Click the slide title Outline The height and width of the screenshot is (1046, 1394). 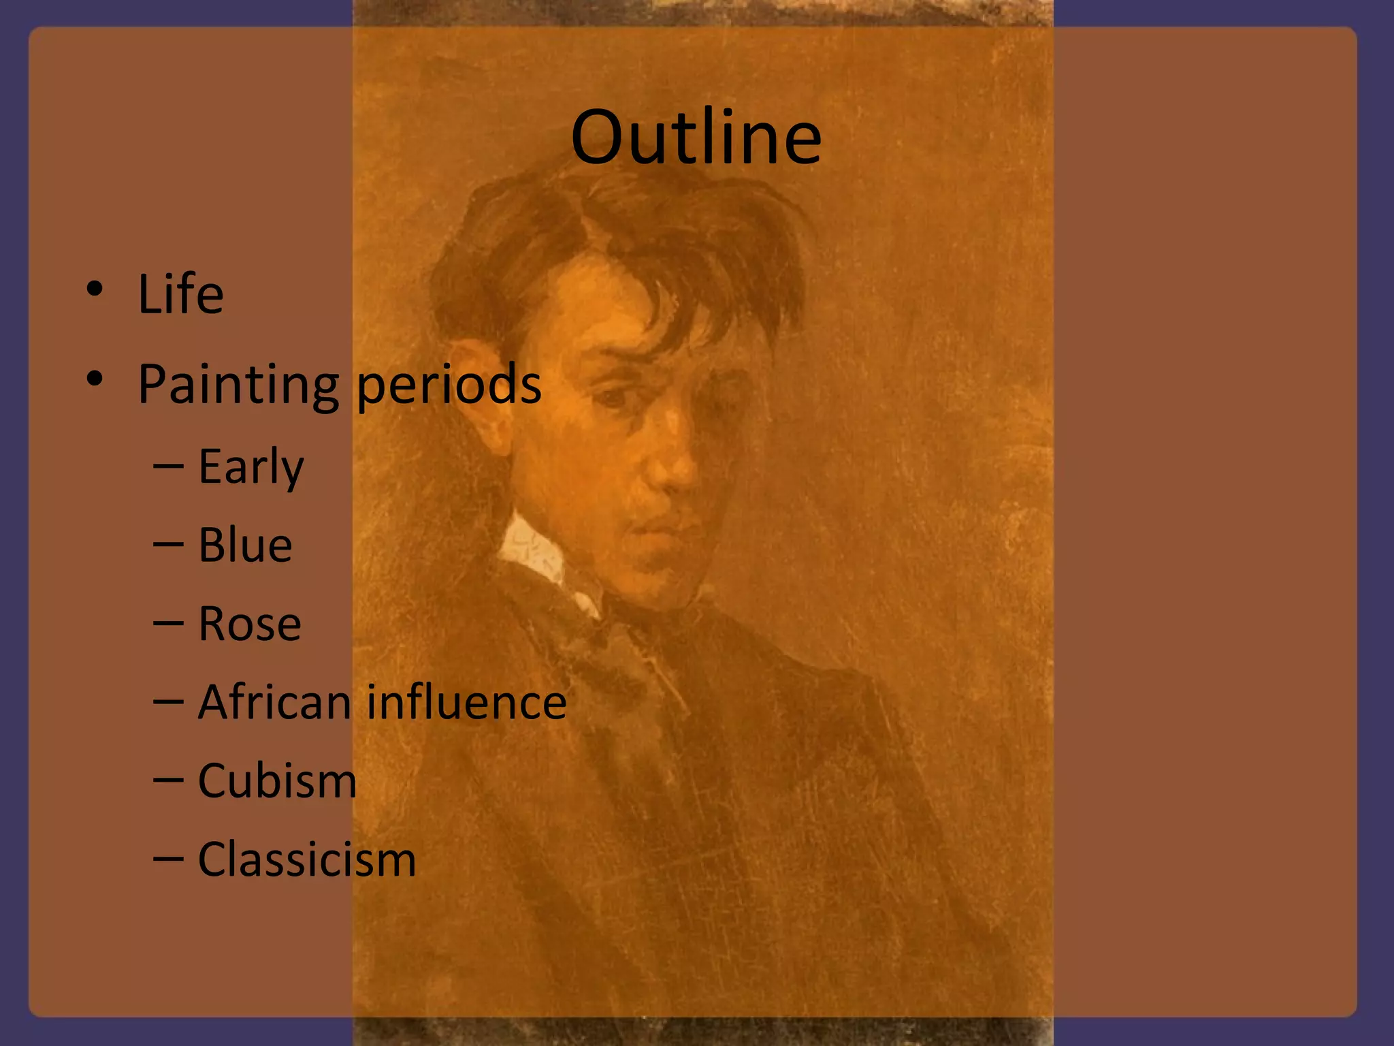click(696, 138)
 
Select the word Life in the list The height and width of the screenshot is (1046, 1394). click(180, 294)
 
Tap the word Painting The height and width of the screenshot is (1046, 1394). click(238, 385)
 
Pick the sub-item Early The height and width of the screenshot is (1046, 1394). click(250, 468)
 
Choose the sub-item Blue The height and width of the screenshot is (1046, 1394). click(245, 545)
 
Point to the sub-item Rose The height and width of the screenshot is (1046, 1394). click(249, 624)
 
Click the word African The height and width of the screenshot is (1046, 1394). click(274, 702)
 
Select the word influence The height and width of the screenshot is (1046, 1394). click(466, 702)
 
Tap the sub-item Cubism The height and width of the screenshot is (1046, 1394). click(277, 780)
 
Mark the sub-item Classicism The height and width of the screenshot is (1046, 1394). click(306, 859)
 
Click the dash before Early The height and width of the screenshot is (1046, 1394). click(168, 466)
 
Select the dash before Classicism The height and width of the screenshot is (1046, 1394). click(168, 859)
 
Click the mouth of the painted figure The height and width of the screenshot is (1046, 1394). click(657, 528)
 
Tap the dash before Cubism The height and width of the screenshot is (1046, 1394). click(168, 780)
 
